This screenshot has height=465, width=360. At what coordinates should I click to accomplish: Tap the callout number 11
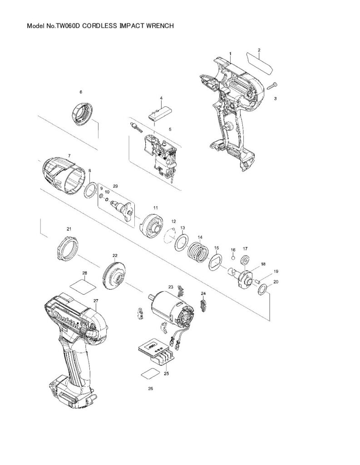[155, 208]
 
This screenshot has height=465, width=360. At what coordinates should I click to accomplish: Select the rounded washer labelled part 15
[216, 262]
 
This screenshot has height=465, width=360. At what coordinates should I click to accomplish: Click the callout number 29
[115, 186]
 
